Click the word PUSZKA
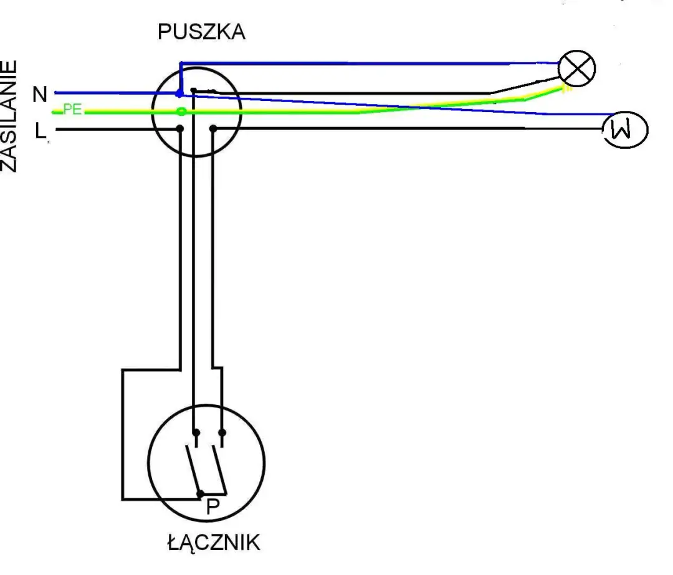pyautogui.click(x=201, y=32)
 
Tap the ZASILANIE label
pyautogui.click(x=9, y=116)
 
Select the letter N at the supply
pyautogui.click(x=40, y=95)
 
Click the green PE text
pyautogui.click(x=72, y=110)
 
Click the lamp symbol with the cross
pyautogui.click(x=577, y=69)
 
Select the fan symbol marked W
pyautogui.click(x=626, y=129)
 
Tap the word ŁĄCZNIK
pyautogui.click(x=213, y=542)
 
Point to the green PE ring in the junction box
pyautogui.click(x=181, y=112)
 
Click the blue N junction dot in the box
pyautogui.click(x=180, y=93)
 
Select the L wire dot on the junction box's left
pyautogui.click(x=180, y=129)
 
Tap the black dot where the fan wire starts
pyautogui.click(x=213, y=129)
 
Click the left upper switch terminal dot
pyautogui.click(x=196, y=432)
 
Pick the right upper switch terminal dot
pyautogui.click(x=222, y=432)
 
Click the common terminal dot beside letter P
pyautogui.click(x=200, y=493)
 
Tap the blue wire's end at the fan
pyautogui.click(x=608, y=115)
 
